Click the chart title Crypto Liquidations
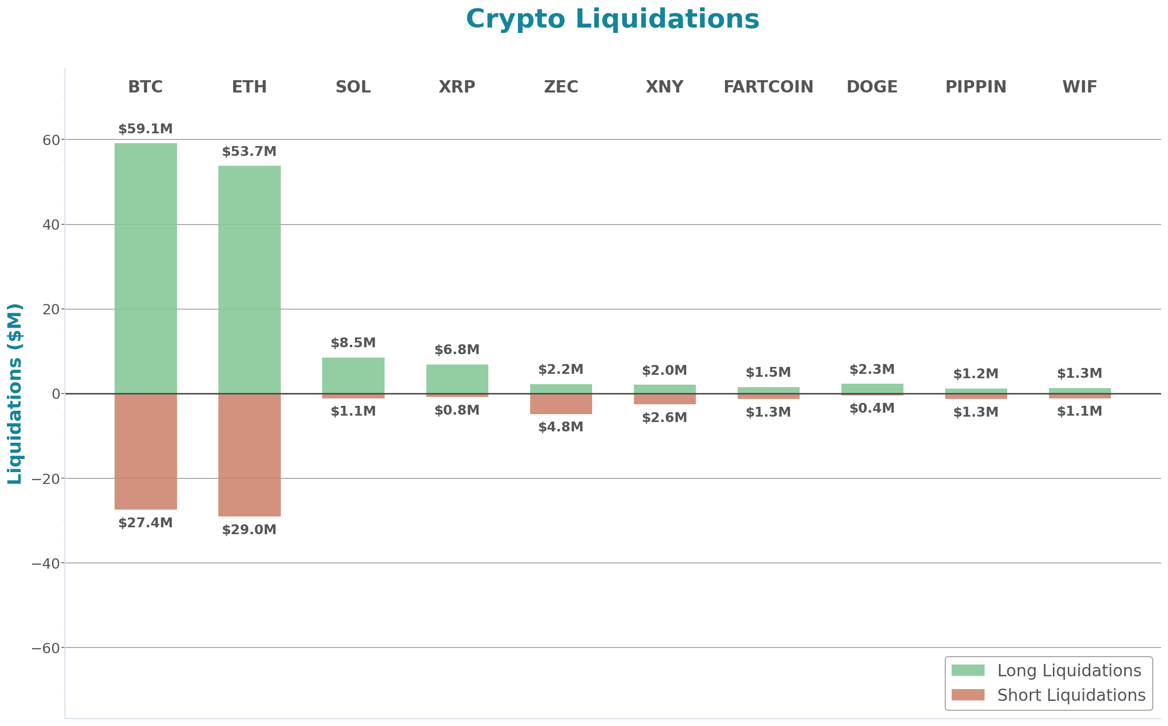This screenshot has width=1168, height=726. [x=612, y=20]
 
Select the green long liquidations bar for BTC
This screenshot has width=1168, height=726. [x=146, y=268]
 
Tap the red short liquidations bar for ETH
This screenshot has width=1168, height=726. [x=249, y=455]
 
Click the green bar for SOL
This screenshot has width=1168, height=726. [x=353, y=375]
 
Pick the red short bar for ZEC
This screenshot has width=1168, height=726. [x=561, y=404]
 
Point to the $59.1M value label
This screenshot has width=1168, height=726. [x=146, y=129]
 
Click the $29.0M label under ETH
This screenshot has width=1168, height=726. [x=249, y=530]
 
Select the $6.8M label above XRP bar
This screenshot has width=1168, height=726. [x=457, y=350]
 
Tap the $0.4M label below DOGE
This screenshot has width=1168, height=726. [x=872, y=408]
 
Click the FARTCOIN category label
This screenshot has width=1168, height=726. [x=768, y=87]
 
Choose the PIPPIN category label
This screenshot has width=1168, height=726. [x=976, y=87]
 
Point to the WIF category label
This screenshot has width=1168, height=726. [x=1079, y=87]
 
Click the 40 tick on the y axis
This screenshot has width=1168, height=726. [x=51, y=225]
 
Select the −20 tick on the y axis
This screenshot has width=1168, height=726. [x=46, y=479]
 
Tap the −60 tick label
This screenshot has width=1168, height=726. [x=46, y=648]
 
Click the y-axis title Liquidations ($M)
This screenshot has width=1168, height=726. [x=15, y=393]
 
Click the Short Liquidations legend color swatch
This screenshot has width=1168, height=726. [x=968, y=695]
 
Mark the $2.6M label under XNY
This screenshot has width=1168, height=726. [x=664, y=418]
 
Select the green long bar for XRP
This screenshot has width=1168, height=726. [x=457, y=379]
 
